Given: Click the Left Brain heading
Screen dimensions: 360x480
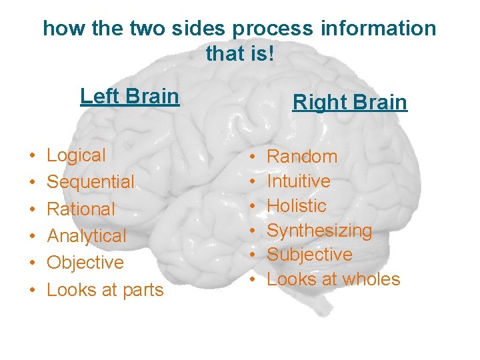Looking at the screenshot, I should click(x=129, y=97).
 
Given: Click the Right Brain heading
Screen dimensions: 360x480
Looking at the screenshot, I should click(x=349, y=103).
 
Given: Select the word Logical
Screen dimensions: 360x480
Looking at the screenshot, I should click(x=76, y=156).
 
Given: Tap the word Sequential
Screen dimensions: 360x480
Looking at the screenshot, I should click(x=90, y=182).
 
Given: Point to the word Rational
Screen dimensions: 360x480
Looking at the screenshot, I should click(x=81, y=209).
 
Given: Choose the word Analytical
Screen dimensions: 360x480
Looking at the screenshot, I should click(x=86, y=236).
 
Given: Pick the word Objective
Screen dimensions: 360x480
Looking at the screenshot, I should click(x=85, y=263).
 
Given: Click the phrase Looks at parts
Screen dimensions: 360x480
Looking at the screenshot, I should click(x=105, y=290).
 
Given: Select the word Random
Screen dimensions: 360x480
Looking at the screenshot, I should click(x=302, y=157).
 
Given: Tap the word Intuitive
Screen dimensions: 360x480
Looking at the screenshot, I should click(x=299, y=181).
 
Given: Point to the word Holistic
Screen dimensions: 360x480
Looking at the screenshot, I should click(x=297, y=205).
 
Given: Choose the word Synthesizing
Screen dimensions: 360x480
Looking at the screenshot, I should click(x=319, y=231).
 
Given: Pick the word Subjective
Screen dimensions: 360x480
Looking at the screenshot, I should click(x=309, y=255).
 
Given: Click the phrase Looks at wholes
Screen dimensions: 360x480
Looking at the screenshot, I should click(x=333, y=279).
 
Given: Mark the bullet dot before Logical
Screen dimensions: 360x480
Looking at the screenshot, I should click(x=32, y=157).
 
